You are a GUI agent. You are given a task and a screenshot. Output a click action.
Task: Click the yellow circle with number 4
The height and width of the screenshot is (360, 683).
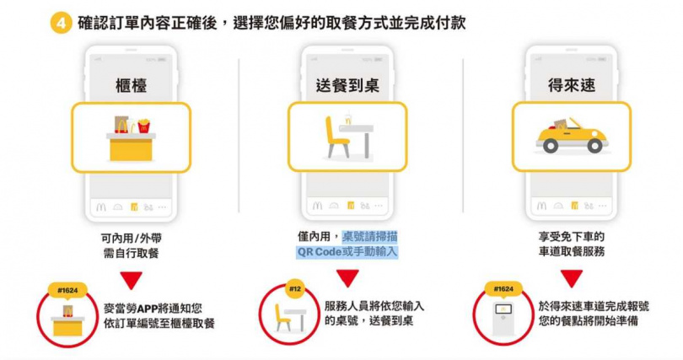61,23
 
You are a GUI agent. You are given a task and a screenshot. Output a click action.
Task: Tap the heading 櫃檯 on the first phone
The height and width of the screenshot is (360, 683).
131,85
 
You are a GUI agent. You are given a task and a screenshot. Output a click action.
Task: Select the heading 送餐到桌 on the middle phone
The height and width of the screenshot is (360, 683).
347,85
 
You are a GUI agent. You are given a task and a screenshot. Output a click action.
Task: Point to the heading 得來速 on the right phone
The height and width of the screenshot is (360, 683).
572,85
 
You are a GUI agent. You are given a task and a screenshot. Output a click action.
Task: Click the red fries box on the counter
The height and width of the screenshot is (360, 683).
143,126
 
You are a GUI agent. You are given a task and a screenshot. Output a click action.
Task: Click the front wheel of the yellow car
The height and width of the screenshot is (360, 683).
594,145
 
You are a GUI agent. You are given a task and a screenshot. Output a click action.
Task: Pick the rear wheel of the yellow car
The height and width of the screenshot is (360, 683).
551,145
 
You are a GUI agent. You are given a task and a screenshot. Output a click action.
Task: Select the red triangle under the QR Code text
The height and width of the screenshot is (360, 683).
347,278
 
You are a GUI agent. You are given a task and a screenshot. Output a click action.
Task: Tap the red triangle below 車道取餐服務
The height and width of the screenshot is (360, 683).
572,278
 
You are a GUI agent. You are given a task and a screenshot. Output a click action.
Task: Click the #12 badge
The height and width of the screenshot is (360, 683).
295,288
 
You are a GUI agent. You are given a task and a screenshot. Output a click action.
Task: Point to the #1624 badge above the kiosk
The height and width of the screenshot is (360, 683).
503,289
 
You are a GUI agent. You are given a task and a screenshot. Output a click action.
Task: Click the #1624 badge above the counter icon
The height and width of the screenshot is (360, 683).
67,290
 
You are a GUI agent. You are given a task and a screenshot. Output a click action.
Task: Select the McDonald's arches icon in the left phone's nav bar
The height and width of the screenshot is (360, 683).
101,207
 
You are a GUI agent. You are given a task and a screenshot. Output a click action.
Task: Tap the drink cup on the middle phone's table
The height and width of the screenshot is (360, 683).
347,118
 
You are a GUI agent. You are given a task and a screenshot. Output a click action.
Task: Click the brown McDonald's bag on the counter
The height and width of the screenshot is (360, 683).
121,125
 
